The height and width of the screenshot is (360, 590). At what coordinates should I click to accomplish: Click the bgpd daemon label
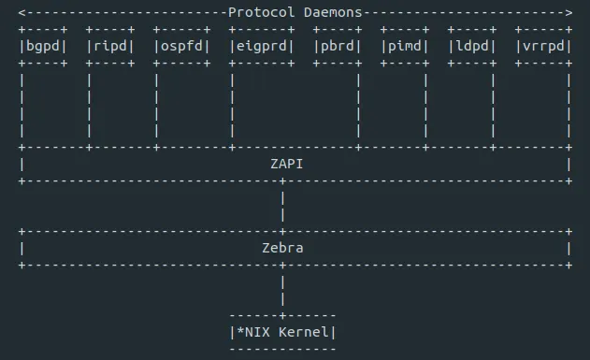pos(43,46)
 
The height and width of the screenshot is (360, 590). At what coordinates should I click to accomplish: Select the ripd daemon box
pos(111,46)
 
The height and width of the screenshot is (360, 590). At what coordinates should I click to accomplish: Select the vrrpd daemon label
pos(543,46)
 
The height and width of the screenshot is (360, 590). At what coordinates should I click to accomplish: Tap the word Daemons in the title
pos(333,12)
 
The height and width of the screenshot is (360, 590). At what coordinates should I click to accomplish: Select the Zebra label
pos(282,248)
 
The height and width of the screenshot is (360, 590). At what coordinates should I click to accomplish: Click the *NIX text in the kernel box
pos(252,332)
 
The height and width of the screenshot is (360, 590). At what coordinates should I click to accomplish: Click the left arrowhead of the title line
pos(22,12)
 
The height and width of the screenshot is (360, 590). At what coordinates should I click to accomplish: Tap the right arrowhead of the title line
pos(568,12)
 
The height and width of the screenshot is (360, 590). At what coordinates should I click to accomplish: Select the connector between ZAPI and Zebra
pos(282,206)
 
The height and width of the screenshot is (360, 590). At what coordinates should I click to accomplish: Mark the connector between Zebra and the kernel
pos(282,290)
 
